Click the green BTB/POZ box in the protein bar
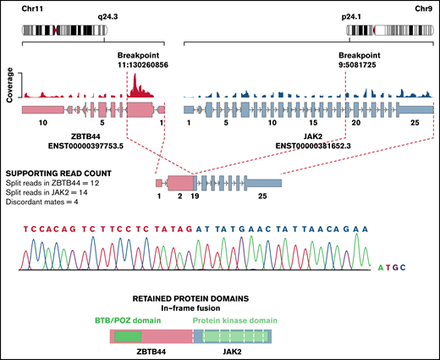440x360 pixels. [x=128, y=336]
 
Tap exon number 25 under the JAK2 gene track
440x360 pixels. [x=415, y=124]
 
